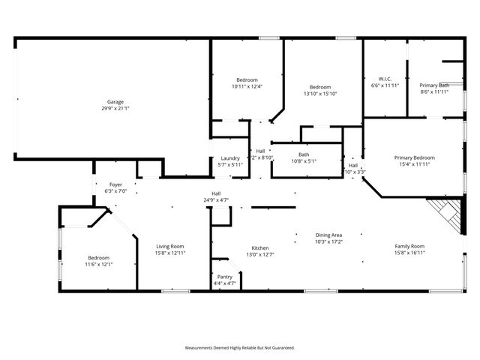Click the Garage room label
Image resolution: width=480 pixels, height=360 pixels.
tap(115, 102)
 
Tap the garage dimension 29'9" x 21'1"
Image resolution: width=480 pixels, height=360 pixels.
tap(115, 108)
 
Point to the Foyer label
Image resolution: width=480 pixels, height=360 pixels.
tap(115, 184)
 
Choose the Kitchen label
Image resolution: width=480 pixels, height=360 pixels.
tap(260, 248)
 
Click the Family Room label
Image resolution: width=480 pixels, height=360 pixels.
tap(410, 246)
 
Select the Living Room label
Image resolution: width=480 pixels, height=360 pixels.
tap(169, 246)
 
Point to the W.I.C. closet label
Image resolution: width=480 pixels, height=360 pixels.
tap(385, 79)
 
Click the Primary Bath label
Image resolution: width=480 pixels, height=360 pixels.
tap(434, 85)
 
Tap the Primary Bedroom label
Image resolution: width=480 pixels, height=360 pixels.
tap(415, 157)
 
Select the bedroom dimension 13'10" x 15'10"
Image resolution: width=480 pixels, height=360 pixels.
tap(320, 94)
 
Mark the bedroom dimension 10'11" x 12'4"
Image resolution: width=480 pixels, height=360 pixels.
tap(247, 86)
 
